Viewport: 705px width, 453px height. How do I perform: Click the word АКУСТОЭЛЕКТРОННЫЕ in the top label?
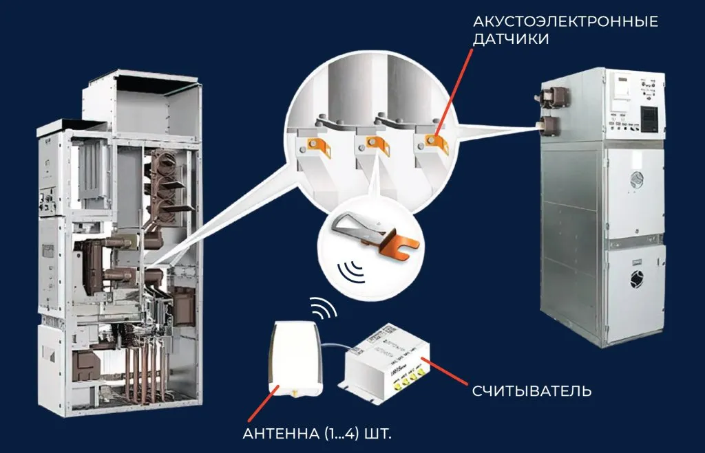coord(565,21)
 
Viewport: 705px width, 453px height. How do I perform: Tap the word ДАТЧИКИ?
coord(511,39)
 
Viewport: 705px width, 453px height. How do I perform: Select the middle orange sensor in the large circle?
coord(375,144)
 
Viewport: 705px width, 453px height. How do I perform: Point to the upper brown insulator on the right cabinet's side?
coord(550,96)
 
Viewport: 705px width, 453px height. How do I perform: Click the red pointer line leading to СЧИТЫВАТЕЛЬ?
coord(447,372)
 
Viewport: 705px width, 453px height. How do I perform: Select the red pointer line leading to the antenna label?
coord(261,406)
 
